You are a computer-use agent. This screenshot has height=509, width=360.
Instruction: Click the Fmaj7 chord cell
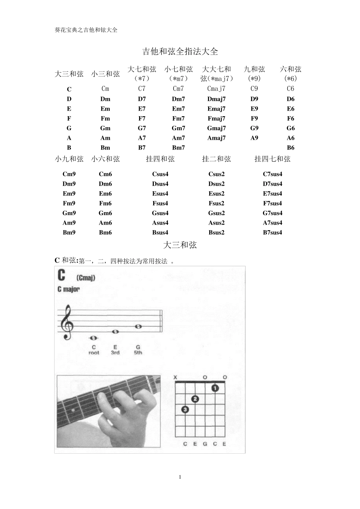pos(216,119)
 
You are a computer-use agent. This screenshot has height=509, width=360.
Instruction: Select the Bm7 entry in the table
pos(178,148)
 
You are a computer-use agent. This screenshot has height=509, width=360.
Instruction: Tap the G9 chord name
pos(254,128)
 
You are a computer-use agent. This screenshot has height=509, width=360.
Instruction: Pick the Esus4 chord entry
pos(160,194)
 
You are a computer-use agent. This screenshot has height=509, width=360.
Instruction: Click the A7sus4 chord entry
pos(272,223)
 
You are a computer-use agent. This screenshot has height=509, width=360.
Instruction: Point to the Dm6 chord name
pos(105,184)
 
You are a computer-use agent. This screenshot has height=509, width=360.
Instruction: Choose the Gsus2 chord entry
pos(216,213)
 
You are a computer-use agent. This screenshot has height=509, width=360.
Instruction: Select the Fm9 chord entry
pos(69,203)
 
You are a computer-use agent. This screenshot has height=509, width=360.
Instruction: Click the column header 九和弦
pos(254,69)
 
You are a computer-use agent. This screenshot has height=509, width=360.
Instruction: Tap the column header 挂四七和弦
pos(272,159)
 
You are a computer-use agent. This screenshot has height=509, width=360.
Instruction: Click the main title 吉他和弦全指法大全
pos(180,52)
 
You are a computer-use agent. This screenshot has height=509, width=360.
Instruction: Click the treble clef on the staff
pos(67,322)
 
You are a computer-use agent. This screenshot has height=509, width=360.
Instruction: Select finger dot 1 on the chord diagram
pos(215,388)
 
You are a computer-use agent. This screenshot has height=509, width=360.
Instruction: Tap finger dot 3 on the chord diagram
pos(185,409)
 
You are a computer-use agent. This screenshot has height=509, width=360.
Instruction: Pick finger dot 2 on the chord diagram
pos(195,399)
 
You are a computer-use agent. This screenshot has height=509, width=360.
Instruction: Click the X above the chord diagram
pos(175,377)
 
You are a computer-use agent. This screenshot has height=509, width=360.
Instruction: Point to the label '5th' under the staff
pos(138,353)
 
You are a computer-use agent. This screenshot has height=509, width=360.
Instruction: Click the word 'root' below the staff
pos(94,353)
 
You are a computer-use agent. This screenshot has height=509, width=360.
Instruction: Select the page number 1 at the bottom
pos(180,477)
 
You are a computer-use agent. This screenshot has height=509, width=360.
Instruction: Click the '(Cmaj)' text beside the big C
pos(86,278)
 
